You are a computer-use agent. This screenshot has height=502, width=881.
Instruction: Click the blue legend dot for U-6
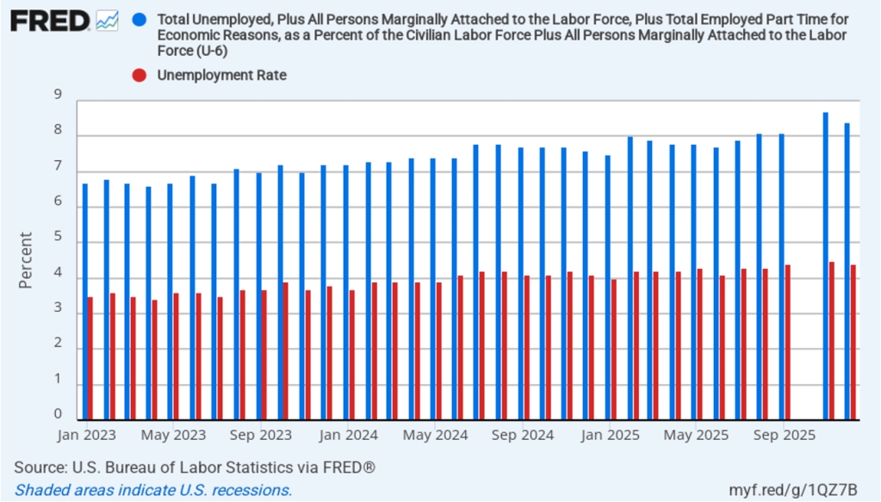coord(140,18)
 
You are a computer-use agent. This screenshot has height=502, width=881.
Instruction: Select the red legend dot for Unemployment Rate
coord(140,75)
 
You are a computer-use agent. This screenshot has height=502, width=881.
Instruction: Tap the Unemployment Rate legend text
coord(221,75)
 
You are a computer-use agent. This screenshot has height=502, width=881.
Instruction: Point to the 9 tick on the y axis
coord(58,96)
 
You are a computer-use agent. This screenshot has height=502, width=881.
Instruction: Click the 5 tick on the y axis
coord(58,238)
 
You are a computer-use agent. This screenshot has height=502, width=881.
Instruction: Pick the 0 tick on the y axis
coord(58,415)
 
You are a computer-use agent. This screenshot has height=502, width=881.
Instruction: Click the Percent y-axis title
coord(26,259)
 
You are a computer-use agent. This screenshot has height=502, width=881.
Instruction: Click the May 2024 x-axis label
coord(435,436)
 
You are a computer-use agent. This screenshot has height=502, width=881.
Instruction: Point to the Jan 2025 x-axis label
coord(610,436)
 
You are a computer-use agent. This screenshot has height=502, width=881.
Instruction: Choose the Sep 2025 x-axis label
coord(784,436)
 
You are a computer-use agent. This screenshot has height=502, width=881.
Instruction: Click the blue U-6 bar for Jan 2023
coord(84,301)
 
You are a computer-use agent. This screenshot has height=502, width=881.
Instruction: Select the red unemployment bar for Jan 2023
coord(90,358)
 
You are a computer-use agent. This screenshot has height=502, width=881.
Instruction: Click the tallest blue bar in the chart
coord(826,266)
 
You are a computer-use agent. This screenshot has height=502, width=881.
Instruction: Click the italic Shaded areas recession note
coord(154,490)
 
